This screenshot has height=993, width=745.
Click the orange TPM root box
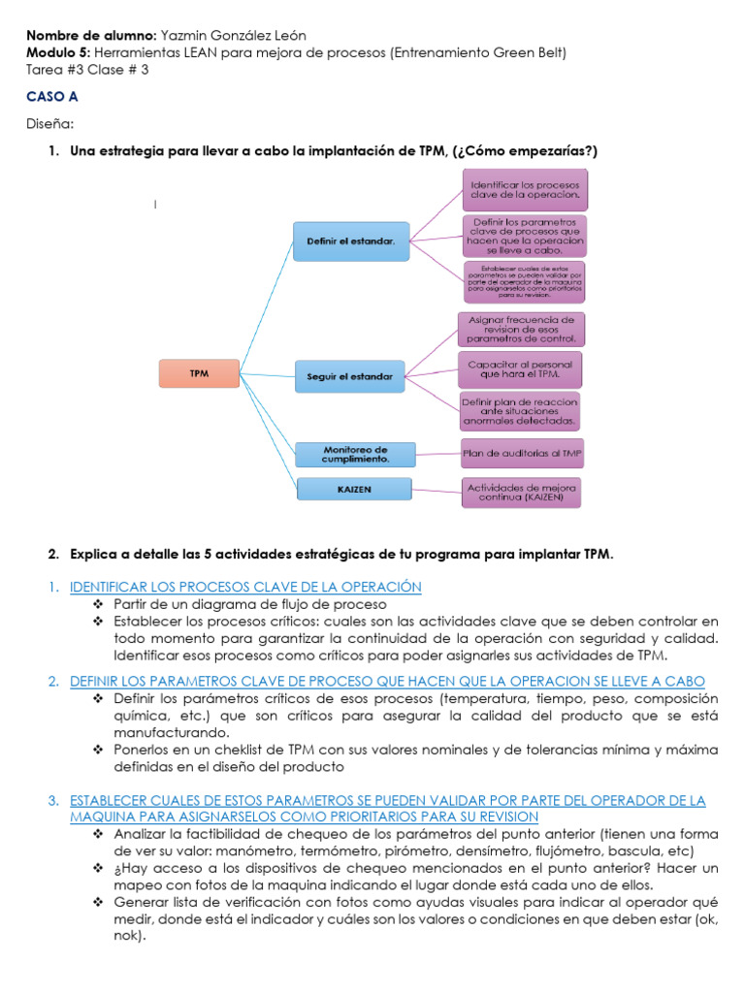(199, 373)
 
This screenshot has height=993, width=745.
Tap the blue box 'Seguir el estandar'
(350, 375)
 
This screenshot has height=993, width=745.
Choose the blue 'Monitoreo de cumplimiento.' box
(355, 454)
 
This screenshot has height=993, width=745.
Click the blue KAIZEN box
(355, 490)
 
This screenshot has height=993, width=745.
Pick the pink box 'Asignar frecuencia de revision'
(521, 329)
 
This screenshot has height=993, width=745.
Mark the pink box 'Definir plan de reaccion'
(521, 411)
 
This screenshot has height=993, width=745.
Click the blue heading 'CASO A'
(52, 98)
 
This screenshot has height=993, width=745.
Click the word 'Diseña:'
(49, 124)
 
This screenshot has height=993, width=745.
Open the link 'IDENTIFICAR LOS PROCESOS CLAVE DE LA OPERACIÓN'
(245, 587)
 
